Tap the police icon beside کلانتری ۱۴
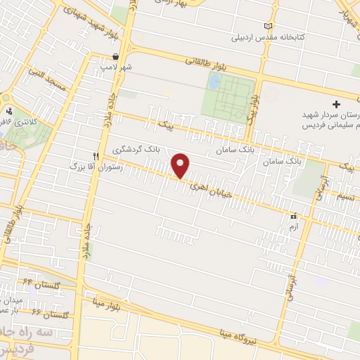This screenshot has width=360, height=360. point(9,110)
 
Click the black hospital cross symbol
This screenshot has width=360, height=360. point(336,103)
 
